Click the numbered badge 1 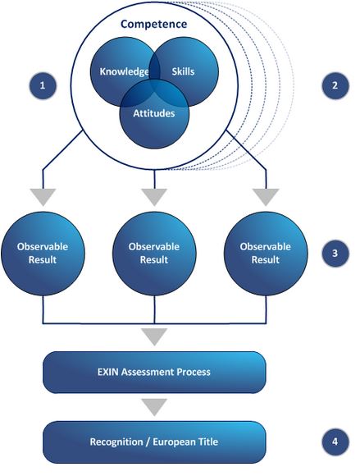pos(43,85)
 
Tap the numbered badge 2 pos(335,85)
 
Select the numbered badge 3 pos(335,253)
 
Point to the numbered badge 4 pos(335,442)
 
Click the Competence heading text pos(154,24)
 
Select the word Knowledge pos(124,71)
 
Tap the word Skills pos(183,71)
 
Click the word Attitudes pos(154,113)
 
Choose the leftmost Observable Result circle pos(43,254)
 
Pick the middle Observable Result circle pos(154,254)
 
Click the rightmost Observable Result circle pos(266,254)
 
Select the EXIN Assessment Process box pos(154,372)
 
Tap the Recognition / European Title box pos(154,442)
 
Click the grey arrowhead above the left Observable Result pos(43,197)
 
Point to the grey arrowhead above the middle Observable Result pos(154,197)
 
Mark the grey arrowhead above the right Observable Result pos(266,197)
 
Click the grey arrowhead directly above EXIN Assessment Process pos(154,336)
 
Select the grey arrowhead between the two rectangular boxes pos(154,407)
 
